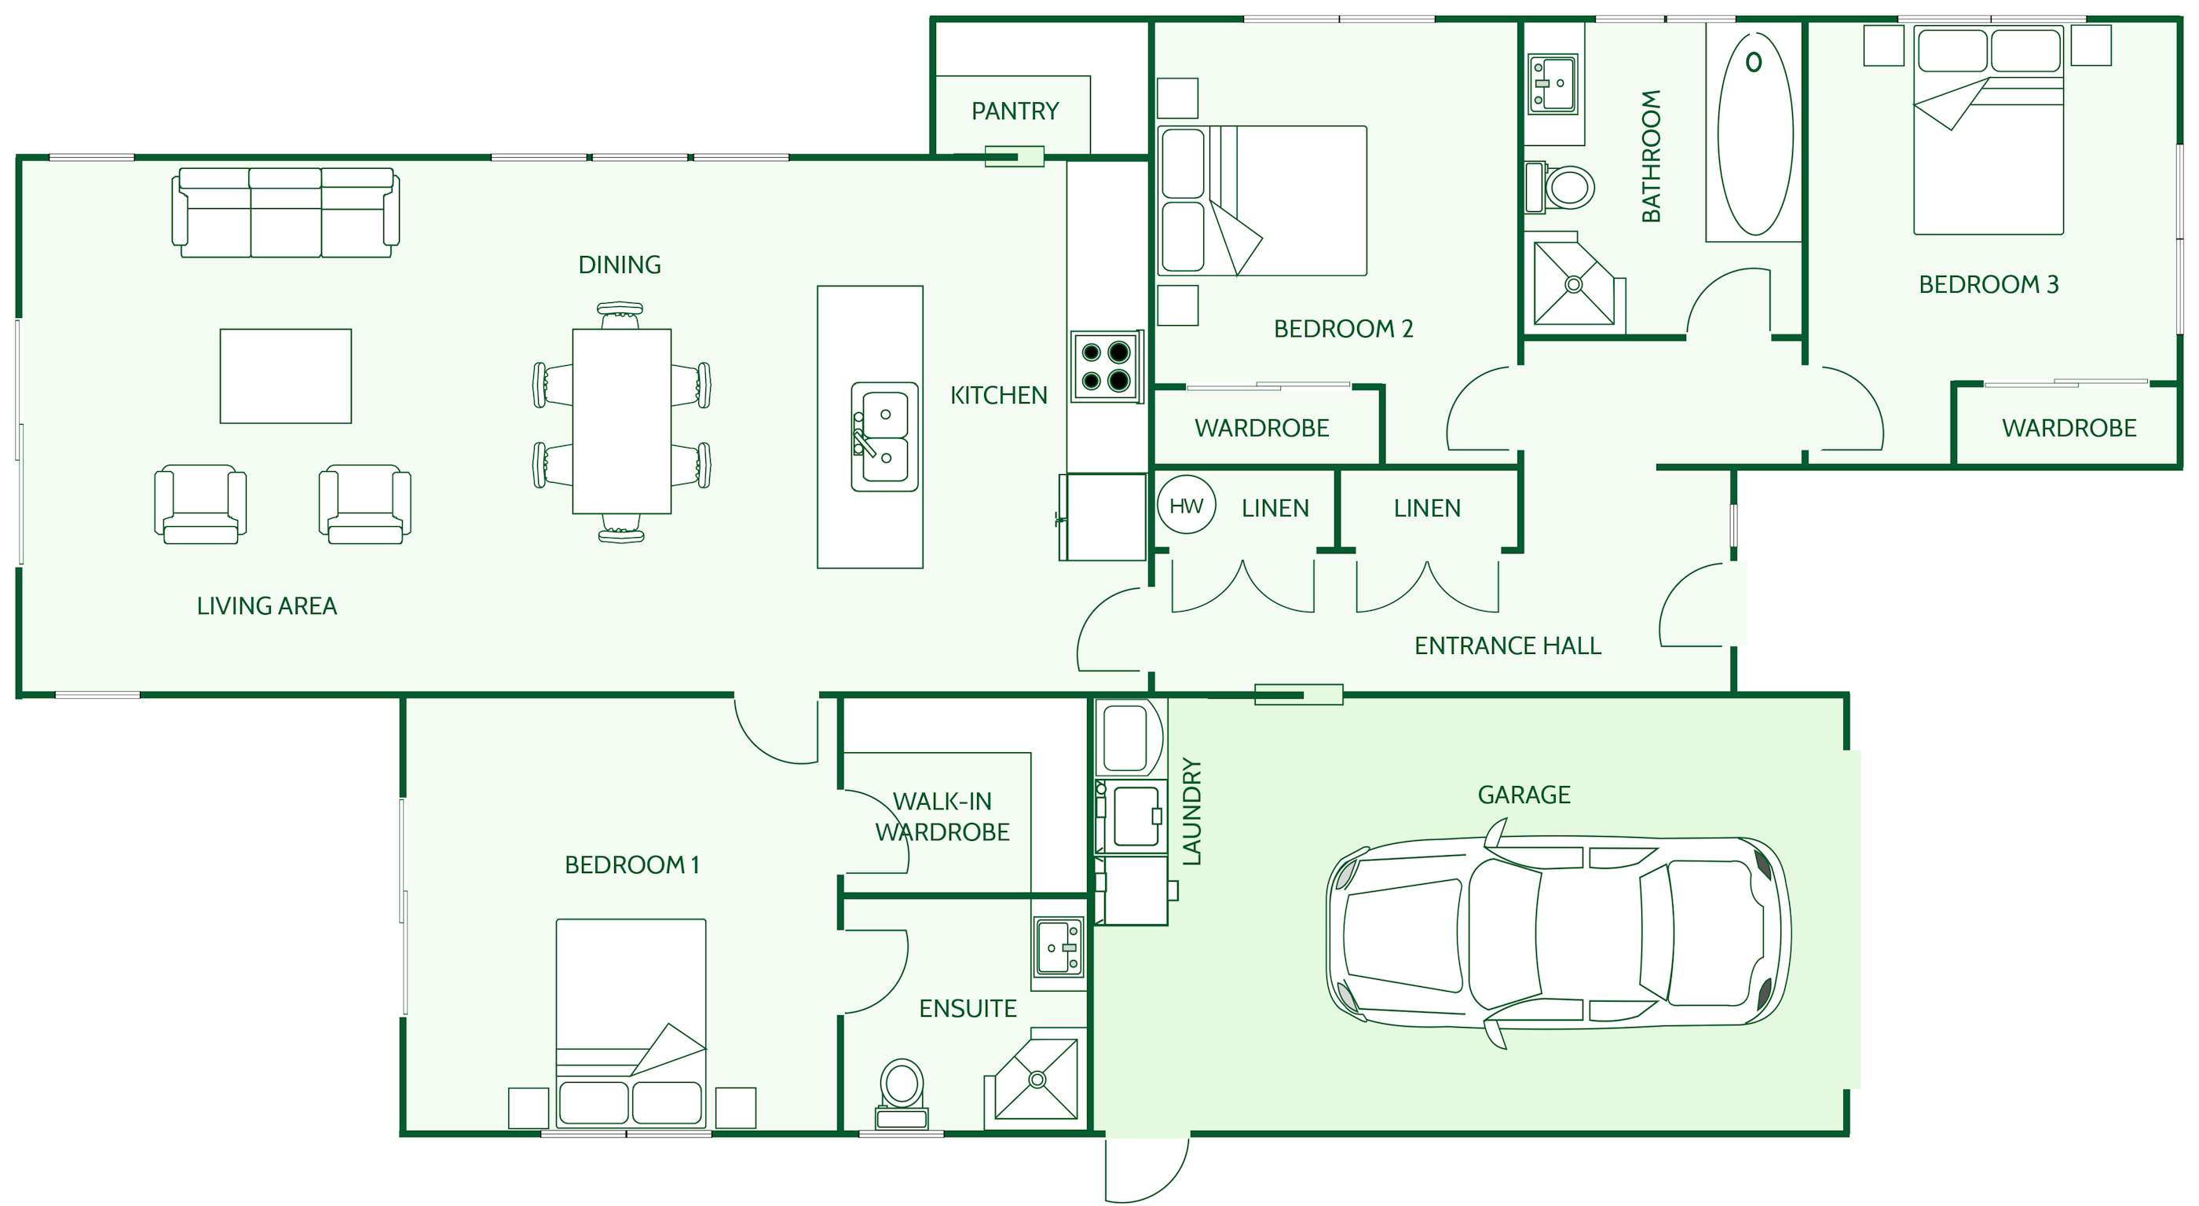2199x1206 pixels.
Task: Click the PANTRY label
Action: click(x=1015, y=111)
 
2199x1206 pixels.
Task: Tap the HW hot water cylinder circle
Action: click(x=1187, y=506)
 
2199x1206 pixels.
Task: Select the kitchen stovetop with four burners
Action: click(x=1107, y=366)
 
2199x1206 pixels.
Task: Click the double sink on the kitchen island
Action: click(x=884, y=436)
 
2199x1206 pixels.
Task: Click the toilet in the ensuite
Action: click(x=902, y=1094)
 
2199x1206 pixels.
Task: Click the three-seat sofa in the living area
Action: click(x=286, y=213)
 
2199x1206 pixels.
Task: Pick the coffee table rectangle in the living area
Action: click(x=286, y=376)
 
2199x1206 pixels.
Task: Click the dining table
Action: click(x=621, y=422)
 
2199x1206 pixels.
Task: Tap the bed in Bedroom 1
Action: click(x=631, y=1022)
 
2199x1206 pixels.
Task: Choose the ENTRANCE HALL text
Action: click(x=1508, y=646)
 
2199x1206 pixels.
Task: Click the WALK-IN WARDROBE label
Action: click(x=942, y=817)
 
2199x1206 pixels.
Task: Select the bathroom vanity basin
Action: click(x=1553, y=84)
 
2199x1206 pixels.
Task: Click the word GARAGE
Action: click(x=1524, y=795)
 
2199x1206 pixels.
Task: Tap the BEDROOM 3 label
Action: click(x=1989, y=284)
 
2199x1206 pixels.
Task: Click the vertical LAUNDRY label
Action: click(x=1191, y=812)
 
